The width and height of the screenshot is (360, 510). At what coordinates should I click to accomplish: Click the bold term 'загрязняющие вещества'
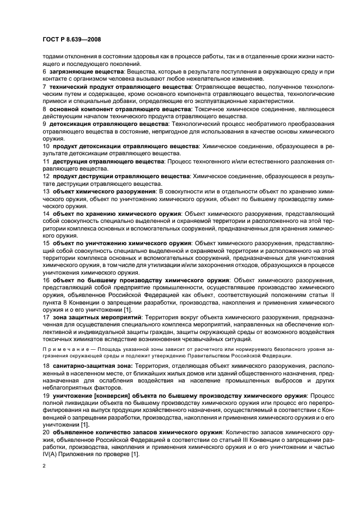coord(84,71)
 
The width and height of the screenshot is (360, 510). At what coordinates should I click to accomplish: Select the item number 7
coord(44,87)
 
